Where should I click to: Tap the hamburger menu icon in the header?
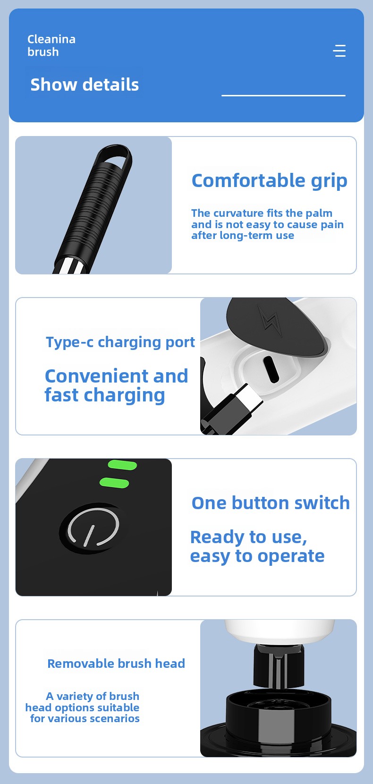(339, 51)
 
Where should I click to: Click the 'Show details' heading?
(85, 85)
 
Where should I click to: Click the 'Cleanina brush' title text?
(51, 45)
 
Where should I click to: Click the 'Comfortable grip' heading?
(270, 181)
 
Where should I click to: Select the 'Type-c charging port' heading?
(120, 342)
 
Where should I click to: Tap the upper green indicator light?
(122, 465)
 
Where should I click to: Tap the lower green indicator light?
(114, 483)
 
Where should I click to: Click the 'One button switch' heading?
(271, 503)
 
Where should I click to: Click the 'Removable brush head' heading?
(116, 663)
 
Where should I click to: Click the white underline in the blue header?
(283, 95)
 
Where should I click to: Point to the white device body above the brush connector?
(279, 631)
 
